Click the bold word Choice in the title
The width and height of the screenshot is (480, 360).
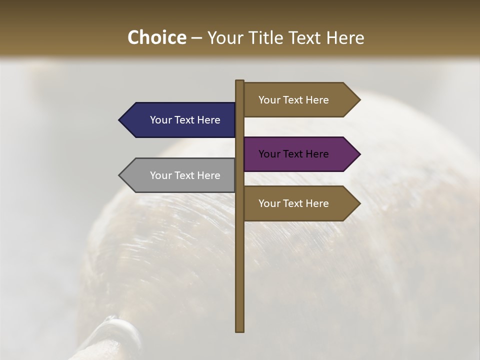156,37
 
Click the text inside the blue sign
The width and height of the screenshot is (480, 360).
185,120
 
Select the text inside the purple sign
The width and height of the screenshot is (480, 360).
293,154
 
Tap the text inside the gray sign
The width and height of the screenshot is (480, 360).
185,175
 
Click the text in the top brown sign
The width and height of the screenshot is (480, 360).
293,100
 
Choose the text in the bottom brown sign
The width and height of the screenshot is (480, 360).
293,203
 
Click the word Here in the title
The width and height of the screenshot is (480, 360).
345,37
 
